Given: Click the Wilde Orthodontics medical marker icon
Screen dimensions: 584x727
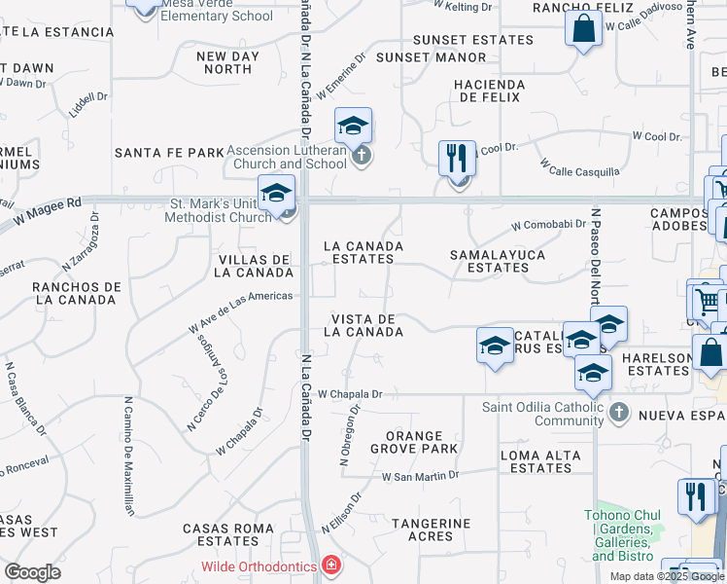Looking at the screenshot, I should pyautogui.click(x=331, y=566).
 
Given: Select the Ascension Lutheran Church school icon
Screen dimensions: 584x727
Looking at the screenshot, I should pyautogui.click(x=354, y=126).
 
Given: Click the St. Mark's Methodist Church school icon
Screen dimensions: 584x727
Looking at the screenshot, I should pyautogui.click(x=276, y=192).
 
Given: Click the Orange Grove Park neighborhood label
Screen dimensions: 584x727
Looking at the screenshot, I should pyautogui.click(x=414, y=443).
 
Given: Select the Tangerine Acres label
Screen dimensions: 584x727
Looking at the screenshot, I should pyautogui.click(x=431, y=529).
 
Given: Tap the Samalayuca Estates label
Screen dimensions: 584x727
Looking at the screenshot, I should pyautogui.click(x=497, y=261).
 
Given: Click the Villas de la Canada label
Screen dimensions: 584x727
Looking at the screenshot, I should pyautogui.click(x=256, y=266).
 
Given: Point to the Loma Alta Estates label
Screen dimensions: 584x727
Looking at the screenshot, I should pyautogui.click(x=540, y=461).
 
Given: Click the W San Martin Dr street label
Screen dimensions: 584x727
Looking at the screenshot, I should pyautogui.click(x=420, y=477).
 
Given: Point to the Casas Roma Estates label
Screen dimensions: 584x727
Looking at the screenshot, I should pyautogui.click(x=221, y=534).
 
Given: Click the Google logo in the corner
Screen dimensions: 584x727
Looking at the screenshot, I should pyautogui.click(x=33, y=572).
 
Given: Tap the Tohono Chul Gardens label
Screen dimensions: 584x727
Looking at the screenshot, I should pyautogui.click(x=623, y=535).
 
